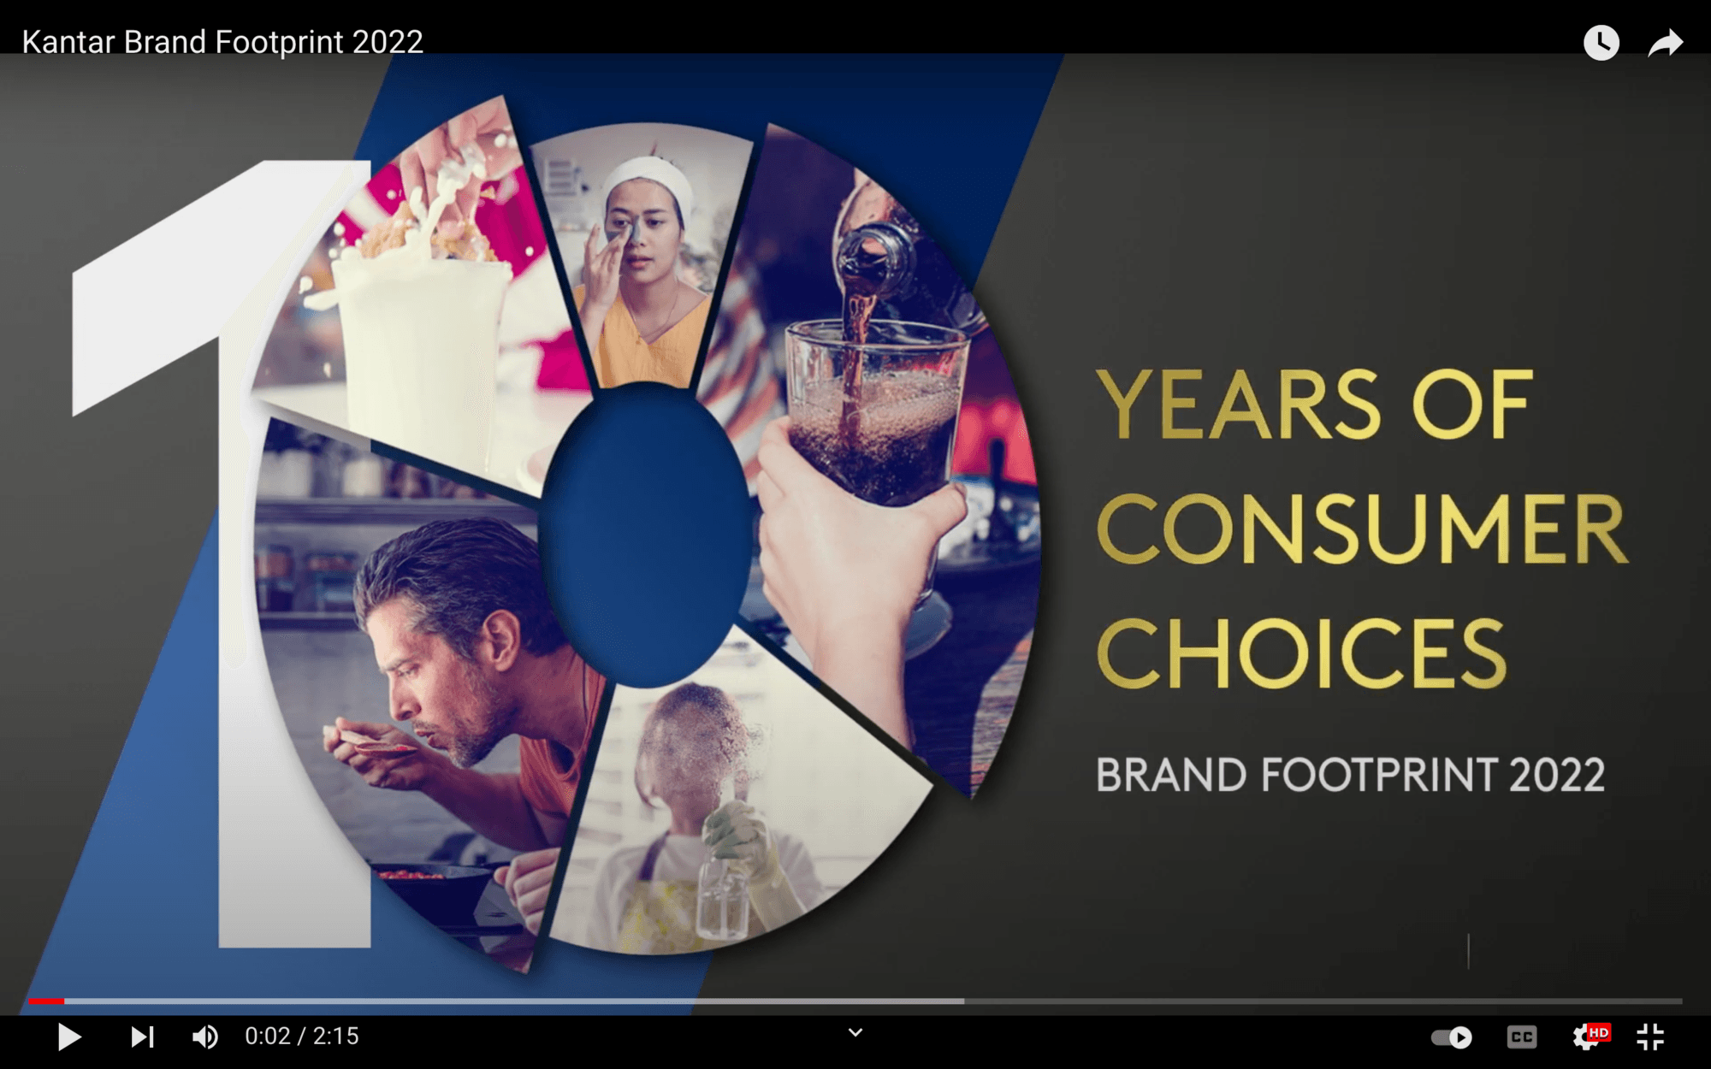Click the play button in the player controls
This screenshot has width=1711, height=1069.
(x=69, y=1037)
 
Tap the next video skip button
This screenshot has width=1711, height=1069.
(x=142, y=1037)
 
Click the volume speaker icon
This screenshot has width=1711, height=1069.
(x=204, y=1037)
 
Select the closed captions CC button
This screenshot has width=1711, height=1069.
(x=1521, y=1037)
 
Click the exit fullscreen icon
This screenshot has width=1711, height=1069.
(x=1650, y=1037)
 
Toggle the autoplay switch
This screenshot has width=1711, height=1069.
(x=1452, y=1037)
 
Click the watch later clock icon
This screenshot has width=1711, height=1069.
(x=1601, y=42)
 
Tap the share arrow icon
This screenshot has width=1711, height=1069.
(x=1665, y=43)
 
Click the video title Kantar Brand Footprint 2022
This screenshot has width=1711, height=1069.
(x=222, y=42)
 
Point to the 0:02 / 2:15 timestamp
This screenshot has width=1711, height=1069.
(x=302, y=1037)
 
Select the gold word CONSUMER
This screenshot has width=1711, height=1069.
(x=1362, y=529)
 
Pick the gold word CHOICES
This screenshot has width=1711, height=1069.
(x=1301, y=653)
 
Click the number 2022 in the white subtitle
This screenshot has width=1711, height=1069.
(x=1557, y=775)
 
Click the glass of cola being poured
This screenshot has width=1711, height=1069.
(x=877, y=410)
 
